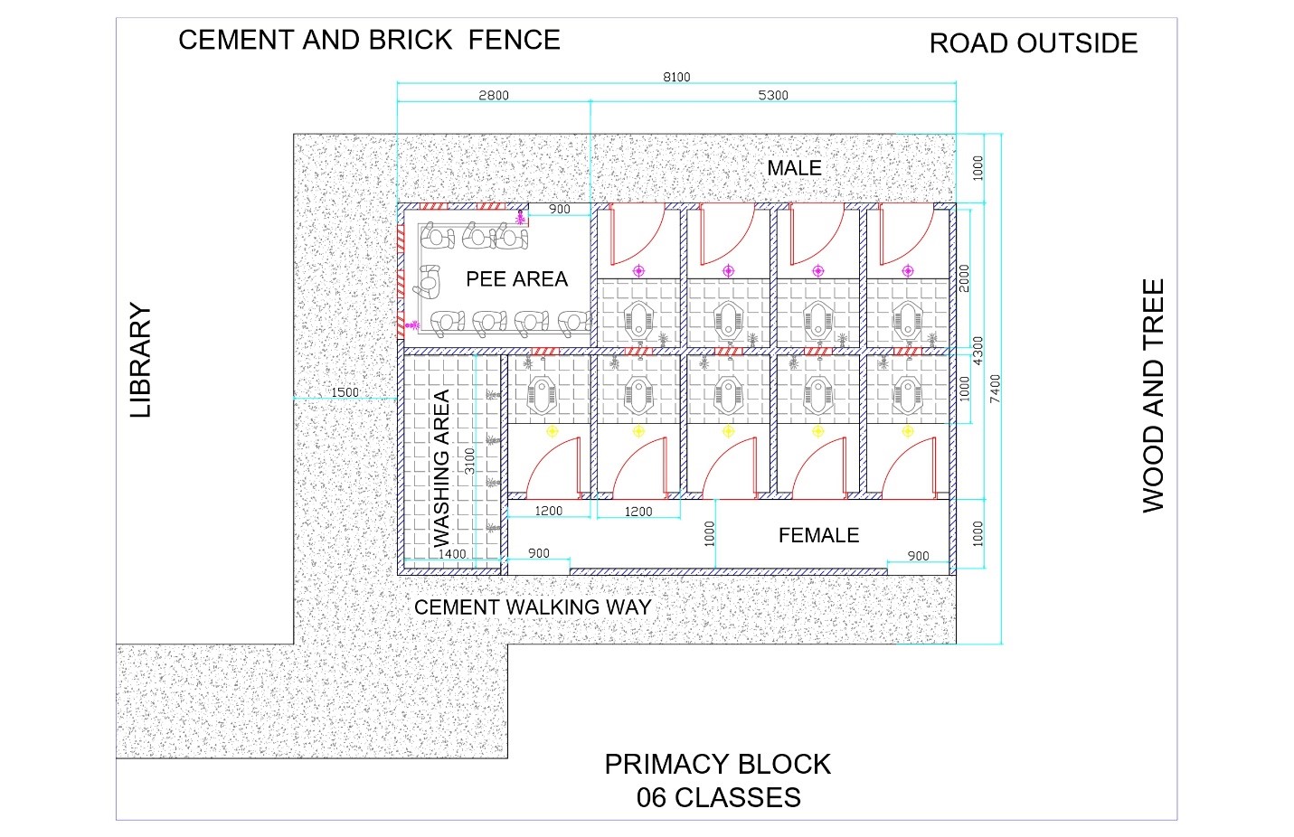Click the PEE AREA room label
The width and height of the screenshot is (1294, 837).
(516, 278)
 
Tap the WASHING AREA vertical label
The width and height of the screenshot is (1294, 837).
(441, 468)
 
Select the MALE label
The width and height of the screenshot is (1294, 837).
(794, 168)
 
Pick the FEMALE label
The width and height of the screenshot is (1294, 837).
(818, 535)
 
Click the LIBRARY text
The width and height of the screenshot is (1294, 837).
(140, 360)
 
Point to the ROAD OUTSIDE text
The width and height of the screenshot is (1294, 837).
(1034, 43)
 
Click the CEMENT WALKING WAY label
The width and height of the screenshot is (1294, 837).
(533, 607)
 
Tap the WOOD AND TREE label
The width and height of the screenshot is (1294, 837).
(1153, 396)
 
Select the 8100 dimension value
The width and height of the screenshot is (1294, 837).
(676, 77)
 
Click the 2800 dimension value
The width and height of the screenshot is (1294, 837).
(494, 95)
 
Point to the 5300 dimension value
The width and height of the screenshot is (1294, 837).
(773, 95)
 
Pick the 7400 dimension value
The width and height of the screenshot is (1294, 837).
(995, 389)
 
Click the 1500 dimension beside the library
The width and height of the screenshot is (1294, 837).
(345, 392)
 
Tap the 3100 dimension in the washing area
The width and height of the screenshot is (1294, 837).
(469, 461)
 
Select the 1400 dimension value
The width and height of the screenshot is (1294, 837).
(452, 554)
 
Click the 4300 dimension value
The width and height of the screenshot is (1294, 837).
(978, 351)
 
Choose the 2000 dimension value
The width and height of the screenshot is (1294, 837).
(964, 278)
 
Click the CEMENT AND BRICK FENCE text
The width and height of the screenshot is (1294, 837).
(369, 40)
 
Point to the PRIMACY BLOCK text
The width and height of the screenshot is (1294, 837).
(717, 764)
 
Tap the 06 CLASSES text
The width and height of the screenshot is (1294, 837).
(719, 797)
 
